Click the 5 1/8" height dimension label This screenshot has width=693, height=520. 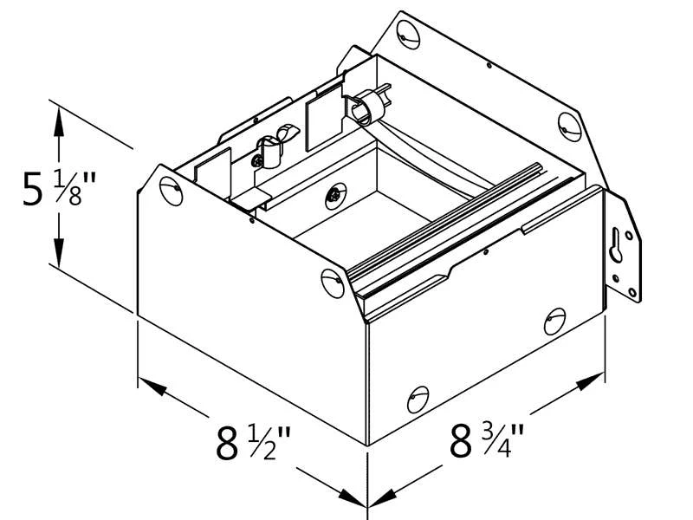pyautogui.click(x=59, y=190)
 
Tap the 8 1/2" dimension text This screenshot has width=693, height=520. pyautogui.click(x=253, y=443)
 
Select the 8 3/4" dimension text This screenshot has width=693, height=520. pyautogui.click(x=487, y=440)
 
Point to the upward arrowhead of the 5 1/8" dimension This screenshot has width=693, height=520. pyautogui.click(x=58, y=121)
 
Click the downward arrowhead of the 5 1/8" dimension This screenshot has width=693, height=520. pyautogui.click(x=58, y=253)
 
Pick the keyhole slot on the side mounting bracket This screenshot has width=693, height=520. pyautogui.click(x=616, y=246)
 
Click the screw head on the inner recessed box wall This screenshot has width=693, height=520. pyautogui.click(x=336, y=196)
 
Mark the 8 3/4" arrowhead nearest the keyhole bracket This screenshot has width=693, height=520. pyautogui.click(x=591, y=382)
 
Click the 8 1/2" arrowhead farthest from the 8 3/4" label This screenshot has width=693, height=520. pyautogui.click(x=152, y=386)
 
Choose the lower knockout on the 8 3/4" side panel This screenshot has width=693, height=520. pyautogui.click(x=418, y=400)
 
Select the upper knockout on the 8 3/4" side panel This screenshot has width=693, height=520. pyautogui.click(x=555, y=321)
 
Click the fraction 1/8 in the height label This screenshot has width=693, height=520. pyautogui.click(x=68, y=190)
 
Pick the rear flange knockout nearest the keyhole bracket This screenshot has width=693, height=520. pyautogui.click(x=570, y=127)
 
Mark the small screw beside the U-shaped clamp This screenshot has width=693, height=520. pyautogui.click(x=256, y=161)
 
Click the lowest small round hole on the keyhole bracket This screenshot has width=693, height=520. pyautogui.click(x=632, y=292)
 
